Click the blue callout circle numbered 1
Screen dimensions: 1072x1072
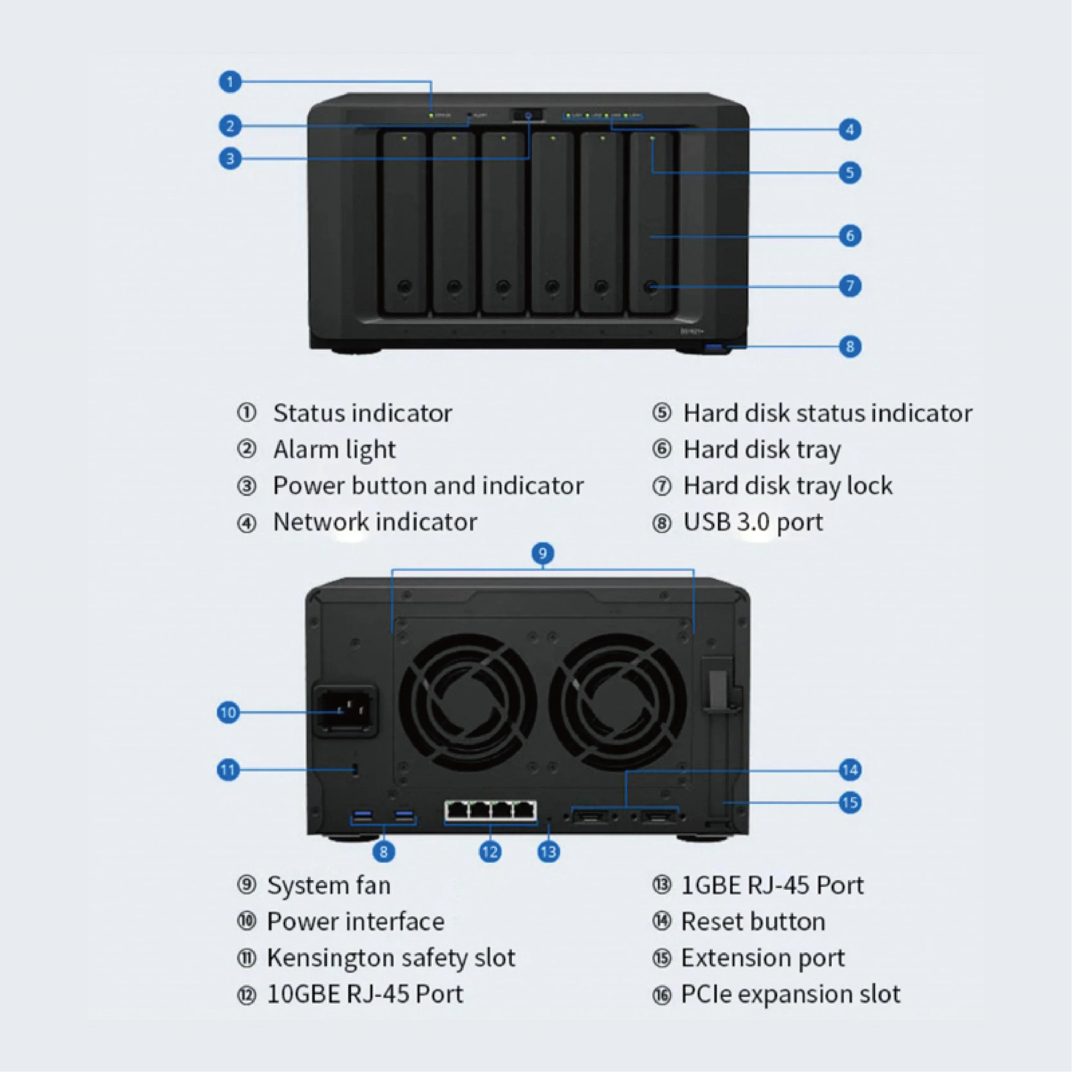pyautogui.click(x=230, y=82)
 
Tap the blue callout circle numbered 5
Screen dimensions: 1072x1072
pyautogui.click(x=849, y=173)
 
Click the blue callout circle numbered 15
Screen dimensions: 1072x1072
pyautogui.click(x=849, y=802)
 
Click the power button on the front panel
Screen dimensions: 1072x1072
pyautogui.click(x=528, y=116)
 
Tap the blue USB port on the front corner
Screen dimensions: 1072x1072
pyautogui.click(x=715, y=348)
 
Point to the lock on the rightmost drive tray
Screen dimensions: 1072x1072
pyautogui.click(x=651, y=287)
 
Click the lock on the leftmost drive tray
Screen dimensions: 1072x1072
pyautogui.click(x=404, y=287)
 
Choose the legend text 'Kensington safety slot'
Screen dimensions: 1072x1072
pyautogui.click(x=391, y=958)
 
